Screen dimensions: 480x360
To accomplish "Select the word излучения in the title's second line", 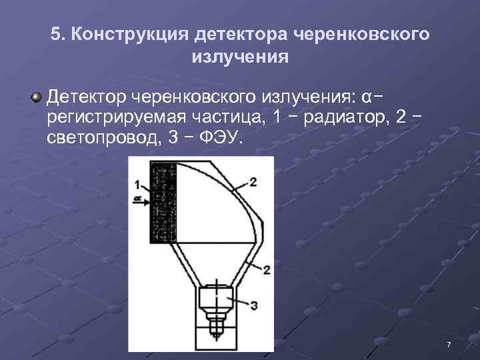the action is tap(240, 57).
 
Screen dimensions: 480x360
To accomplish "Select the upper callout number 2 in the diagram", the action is tap(253, 181).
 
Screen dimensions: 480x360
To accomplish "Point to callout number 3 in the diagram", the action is tap(253, 305).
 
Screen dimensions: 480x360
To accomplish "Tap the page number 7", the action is tap(449, 344).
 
